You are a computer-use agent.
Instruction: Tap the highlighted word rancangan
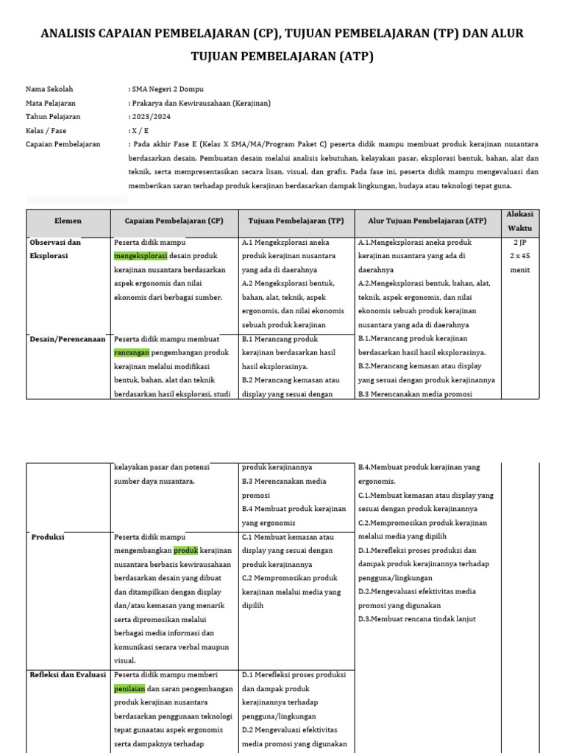tap(132, 353)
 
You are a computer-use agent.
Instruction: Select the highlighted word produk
tap(186, 551)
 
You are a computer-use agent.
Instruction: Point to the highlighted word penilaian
tap(130, 689)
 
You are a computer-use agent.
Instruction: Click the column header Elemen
tap(68, 221)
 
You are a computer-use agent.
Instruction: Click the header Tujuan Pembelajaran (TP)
tap(296, 221)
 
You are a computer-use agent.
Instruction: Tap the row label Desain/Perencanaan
tap(68, 340)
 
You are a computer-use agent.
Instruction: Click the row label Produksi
tap(48, 538)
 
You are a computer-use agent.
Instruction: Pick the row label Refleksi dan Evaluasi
tap(68, 675)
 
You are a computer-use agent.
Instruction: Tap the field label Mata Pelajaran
tap(51, 104)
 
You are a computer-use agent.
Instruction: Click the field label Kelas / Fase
tap(46, 131)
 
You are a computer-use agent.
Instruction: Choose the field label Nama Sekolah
tap(49, 90)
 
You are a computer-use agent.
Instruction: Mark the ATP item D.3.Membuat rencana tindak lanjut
tap(417, 619)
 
